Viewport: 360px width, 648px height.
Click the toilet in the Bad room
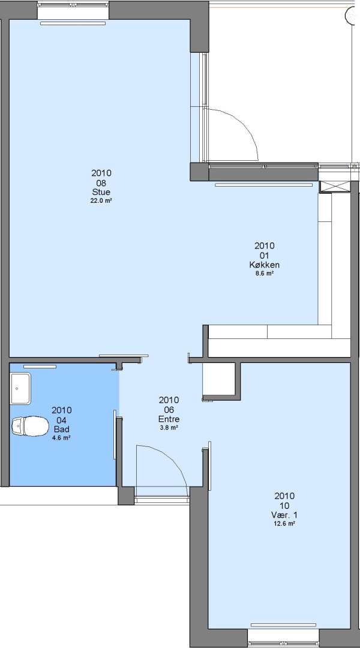(x=30, y=426)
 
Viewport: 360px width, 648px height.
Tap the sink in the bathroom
(x=20, y=388)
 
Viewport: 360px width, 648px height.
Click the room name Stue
(x=101, y=192)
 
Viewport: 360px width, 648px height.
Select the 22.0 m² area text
(x=101, y=201)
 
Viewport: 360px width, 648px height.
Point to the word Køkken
(x=264, y=265)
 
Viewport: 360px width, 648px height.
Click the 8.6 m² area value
(x=265, y=274)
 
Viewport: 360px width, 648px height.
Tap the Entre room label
(x=169, y=419)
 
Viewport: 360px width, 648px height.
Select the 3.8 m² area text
(x=169, y=428)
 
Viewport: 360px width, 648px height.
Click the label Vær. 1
(x=284, y=515)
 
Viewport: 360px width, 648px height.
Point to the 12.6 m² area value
(x=284, y=524)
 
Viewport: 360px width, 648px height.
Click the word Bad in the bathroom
(x=61, y=430)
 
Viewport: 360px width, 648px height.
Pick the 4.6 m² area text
(x=61, y=438)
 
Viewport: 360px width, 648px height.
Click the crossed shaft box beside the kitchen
(x=335, y=187)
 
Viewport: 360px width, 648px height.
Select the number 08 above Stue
(x=101, y=182)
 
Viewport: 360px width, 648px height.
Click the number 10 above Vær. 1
(x=284, y=505)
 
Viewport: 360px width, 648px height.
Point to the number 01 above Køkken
(x=264, y=256)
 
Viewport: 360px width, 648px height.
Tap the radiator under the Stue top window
(x=73, y=23)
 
